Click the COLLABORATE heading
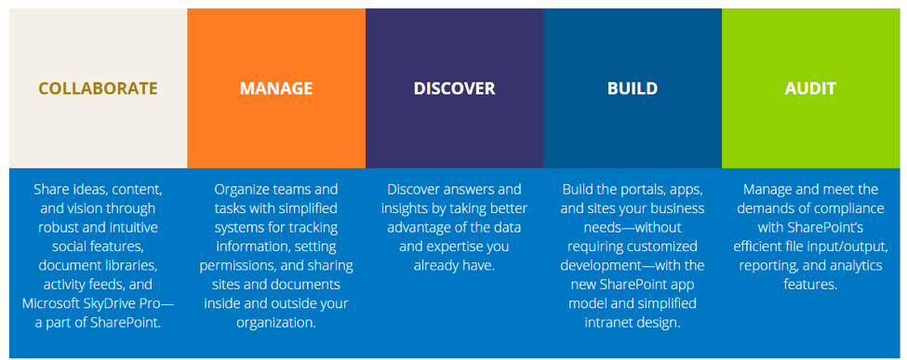(98, 88)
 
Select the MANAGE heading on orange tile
(276, 88)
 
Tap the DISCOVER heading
(454, 88)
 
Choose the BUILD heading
(633, 88)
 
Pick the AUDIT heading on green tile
(810, 88)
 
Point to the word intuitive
(133, 228)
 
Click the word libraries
(129, 266)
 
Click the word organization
(276, 323)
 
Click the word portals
(640, 189)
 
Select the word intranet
(608, 323)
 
